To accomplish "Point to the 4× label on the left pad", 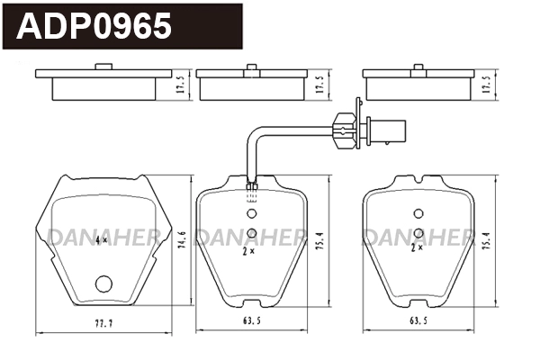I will [x=100, y=240].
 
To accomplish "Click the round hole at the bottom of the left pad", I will [x=103, y=285].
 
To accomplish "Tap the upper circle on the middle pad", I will [x=252, y=214].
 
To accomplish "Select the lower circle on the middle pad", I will [x=252, y=234].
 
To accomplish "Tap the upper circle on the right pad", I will [x=418, y=213].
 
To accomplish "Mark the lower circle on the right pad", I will [x=418, y=233].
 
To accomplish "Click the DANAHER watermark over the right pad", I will [x=417, y=236].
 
